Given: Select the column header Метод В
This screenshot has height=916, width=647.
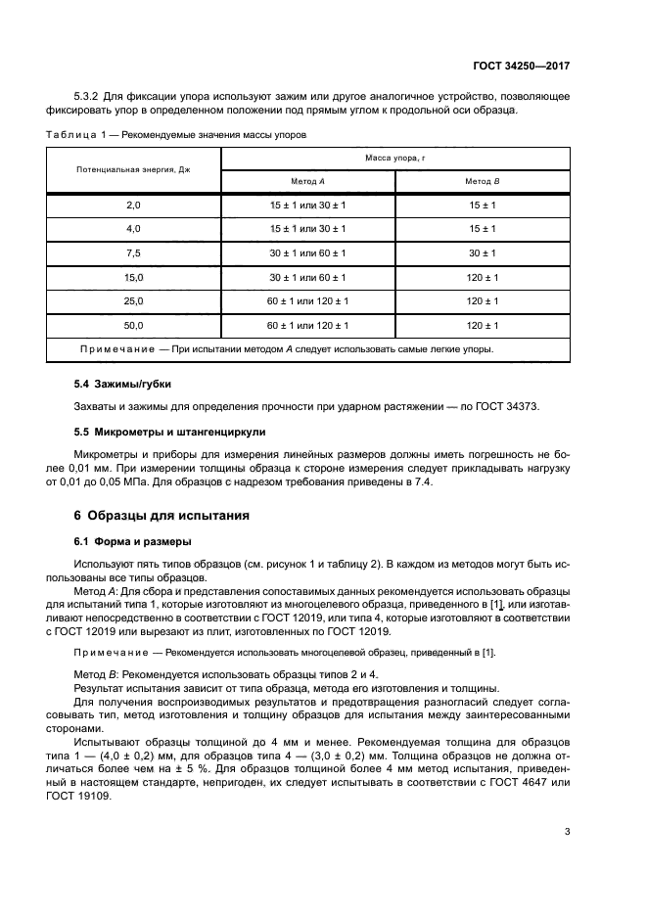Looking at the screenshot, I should [x=482, y=182].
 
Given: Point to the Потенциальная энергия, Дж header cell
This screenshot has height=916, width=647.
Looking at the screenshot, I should [x=133, y=169].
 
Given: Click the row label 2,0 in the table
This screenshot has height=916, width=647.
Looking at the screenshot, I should [x=134, y=205].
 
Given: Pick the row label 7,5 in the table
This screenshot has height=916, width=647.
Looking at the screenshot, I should [x=134, y=252].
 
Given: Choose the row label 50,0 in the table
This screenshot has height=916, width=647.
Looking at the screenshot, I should [x=134, y=325].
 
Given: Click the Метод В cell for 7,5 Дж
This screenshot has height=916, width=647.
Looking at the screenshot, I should [x=482, y=252].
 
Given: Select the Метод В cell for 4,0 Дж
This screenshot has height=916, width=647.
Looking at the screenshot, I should [x=482, y=229].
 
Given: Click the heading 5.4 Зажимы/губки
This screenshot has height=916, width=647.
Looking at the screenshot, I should [x=122, y=384].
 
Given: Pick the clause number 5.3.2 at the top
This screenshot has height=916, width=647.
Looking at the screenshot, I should [x=90, y=96].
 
